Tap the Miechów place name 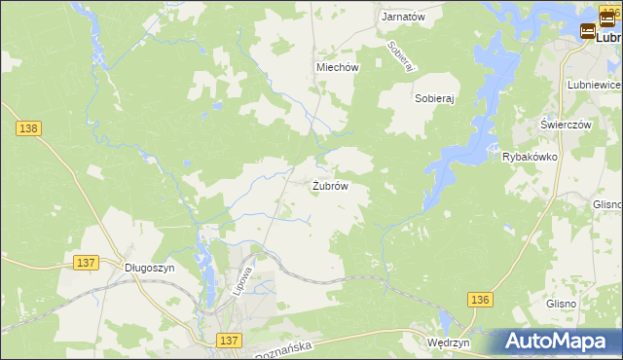coord(338,68)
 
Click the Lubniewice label coord(594,86)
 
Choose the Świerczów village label coord(567,126)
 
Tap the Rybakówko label coord(529,157)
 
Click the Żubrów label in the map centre coord(330,185)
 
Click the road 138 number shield coord(27,127)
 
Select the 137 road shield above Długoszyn coord(86,263)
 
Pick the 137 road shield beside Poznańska coord(229,340)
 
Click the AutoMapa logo coord(557,341)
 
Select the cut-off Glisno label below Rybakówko coord(607,204)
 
